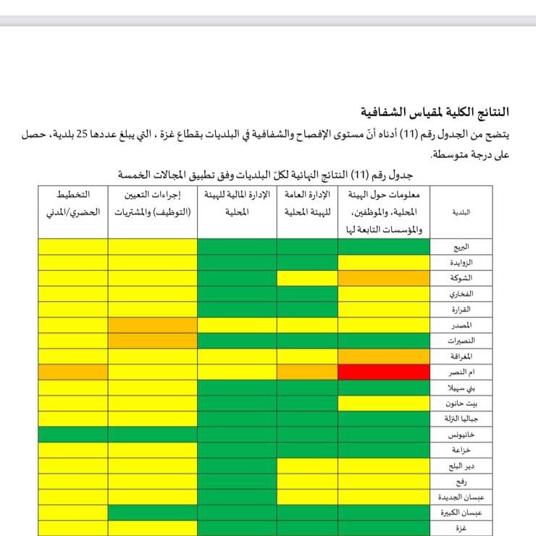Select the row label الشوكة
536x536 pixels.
pos(461,278)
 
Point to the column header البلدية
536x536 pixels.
pos(461,213)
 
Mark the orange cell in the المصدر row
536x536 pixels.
pos(152,325)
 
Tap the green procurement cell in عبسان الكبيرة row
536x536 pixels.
pos(152,513)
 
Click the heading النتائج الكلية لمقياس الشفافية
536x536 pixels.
pos(435,112)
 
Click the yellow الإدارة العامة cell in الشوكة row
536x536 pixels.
pos(306,278)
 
